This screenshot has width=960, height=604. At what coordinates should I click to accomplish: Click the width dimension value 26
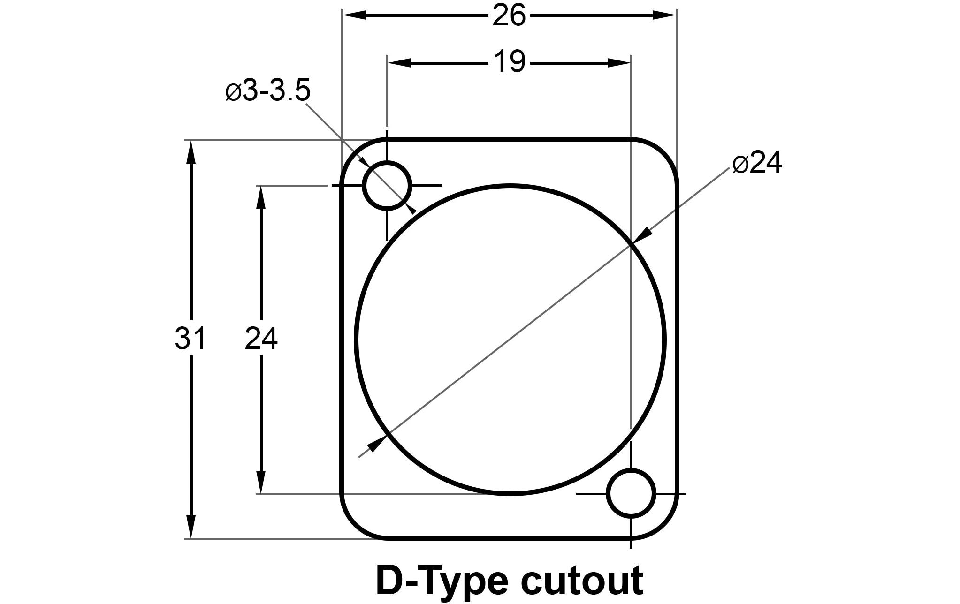coord(509,16)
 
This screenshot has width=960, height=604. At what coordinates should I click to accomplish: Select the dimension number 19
coord(509,62)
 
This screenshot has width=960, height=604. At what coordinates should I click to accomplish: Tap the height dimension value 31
coord(190,339)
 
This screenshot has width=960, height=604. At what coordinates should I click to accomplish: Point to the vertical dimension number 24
coord(261,339)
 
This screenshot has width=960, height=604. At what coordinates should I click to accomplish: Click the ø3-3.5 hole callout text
coord(268,91)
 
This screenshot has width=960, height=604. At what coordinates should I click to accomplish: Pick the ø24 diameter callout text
coord(757,164)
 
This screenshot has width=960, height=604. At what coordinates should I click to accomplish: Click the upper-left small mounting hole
coord(387,185)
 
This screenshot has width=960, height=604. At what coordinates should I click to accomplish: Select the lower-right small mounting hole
coord(631,493)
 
